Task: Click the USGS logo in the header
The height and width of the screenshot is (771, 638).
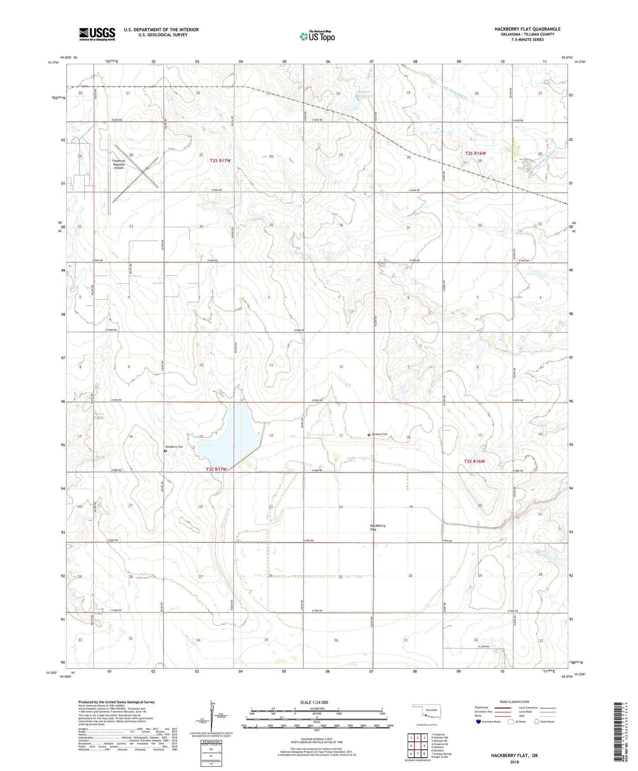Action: tap(97, 34)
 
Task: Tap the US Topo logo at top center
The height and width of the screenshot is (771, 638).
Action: tap(317, 36)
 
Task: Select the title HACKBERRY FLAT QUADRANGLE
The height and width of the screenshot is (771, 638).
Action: tap(527, 29)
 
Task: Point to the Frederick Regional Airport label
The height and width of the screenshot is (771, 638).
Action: tap(118, 164)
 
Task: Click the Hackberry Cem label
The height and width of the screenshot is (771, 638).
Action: tap(174, 447)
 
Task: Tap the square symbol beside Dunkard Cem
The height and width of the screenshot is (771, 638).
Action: tap(369, 435)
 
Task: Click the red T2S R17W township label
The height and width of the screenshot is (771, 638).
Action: tap(220, 161)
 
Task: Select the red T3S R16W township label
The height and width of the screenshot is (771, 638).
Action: tap(474, 461)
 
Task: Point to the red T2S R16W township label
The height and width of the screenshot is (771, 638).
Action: tap(475, 153)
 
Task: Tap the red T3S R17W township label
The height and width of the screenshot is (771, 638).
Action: tap(216, 469)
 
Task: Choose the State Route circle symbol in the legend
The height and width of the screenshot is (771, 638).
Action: tap(536, 722)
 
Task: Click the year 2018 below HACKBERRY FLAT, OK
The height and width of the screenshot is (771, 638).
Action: tap(514, 762)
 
